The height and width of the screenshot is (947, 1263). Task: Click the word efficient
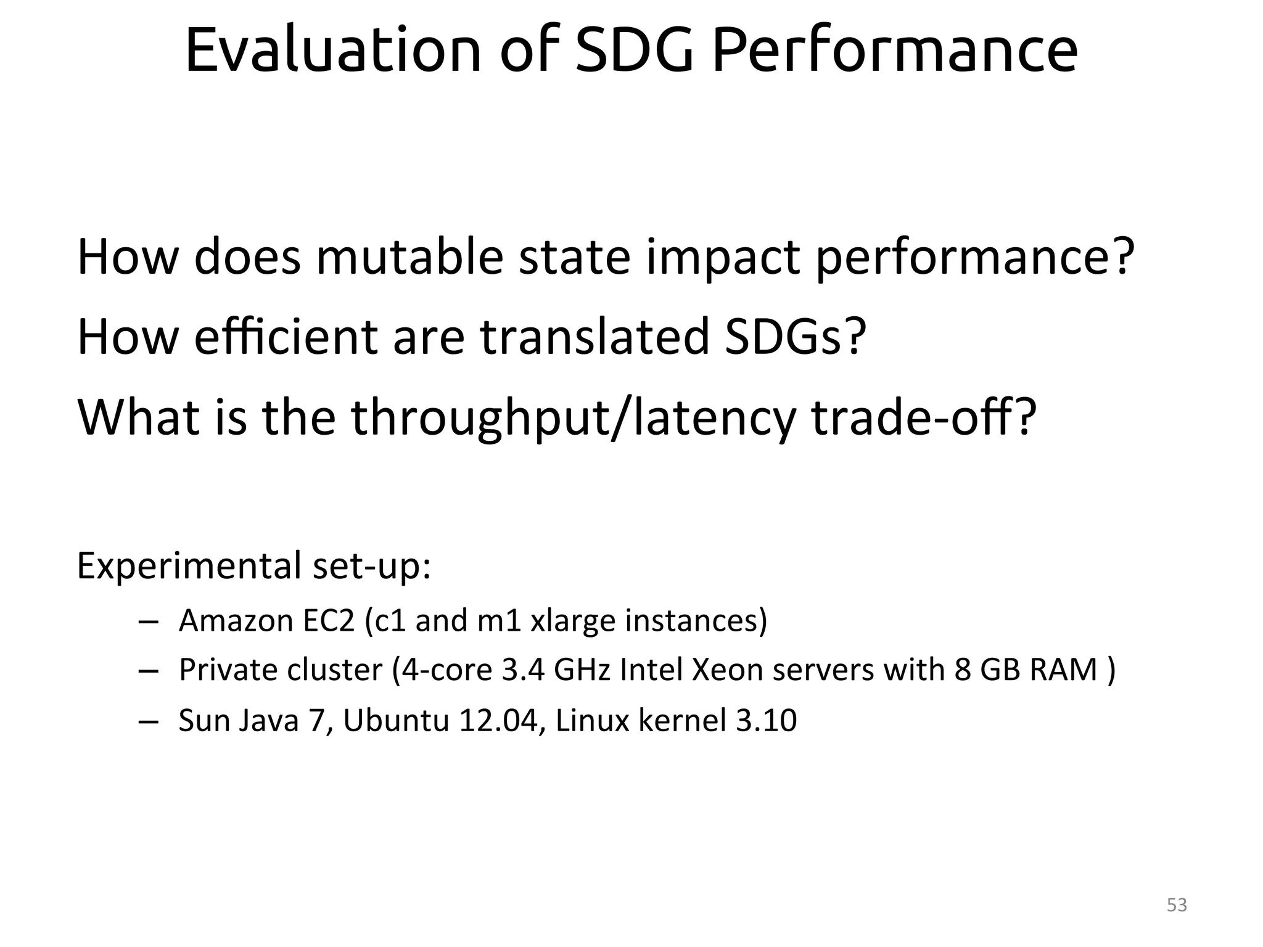286,337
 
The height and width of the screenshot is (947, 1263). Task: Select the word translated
594,337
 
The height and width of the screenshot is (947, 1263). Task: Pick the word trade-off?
923,418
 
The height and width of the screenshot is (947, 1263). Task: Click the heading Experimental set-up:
253,566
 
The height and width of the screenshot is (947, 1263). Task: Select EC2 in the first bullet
329,620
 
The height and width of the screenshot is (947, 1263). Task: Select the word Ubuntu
396,721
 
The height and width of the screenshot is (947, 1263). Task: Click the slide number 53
1177,905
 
